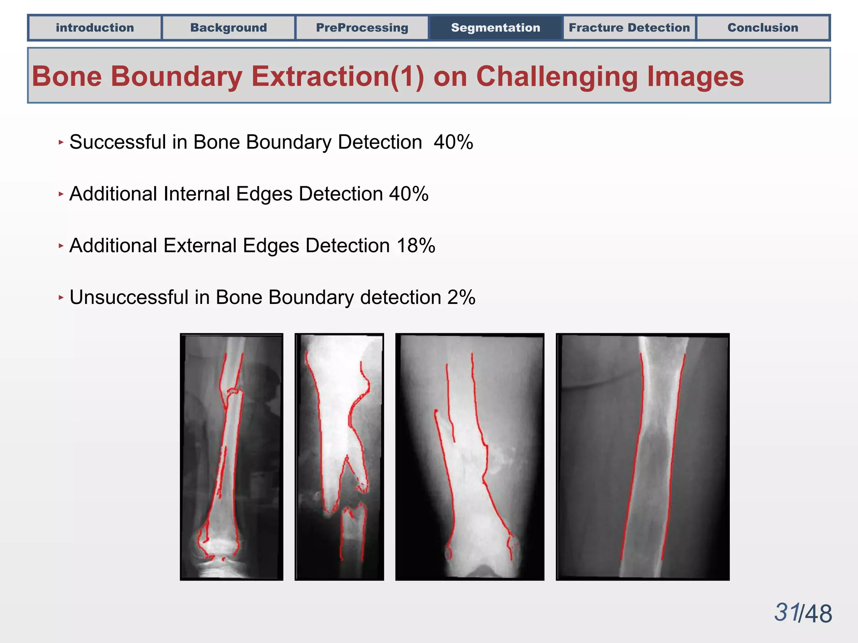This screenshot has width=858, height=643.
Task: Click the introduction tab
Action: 95,28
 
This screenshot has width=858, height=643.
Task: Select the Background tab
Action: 228,28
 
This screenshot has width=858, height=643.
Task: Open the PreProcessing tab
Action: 362,28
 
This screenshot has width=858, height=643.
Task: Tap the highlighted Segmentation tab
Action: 496,28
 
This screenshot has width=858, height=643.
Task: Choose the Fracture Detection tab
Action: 629,28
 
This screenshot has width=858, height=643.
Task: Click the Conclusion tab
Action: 762,28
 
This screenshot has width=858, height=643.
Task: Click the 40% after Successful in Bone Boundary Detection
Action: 453,142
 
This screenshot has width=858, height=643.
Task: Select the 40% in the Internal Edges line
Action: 408,194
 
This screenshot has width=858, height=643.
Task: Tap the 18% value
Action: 416,246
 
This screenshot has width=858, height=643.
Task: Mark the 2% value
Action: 461,297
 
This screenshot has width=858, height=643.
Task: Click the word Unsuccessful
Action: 129,297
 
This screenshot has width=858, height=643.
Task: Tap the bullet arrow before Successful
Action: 61,142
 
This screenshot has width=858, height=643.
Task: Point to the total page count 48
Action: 818,614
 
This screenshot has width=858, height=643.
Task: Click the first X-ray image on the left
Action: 231,457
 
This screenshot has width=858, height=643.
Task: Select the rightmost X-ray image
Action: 642,457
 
